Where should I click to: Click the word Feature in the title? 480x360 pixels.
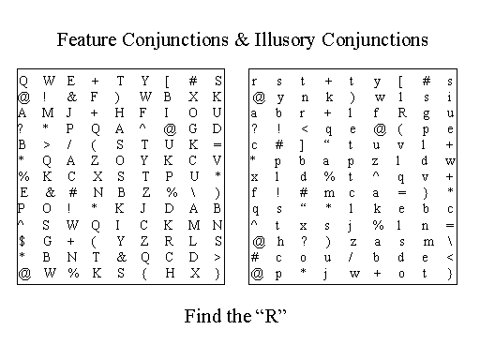[86, 39]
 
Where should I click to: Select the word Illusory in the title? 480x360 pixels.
[285, 40]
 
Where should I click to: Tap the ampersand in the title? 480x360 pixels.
[241, 39]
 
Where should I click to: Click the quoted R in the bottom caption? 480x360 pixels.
[271, 316]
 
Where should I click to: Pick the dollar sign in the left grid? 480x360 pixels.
[22, 241]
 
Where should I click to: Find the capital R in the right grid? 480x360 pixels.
[402, 112]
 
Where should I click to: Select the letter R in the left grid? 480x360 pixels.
[169, 241]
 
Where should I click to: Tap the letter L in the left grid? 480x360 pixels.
[193, 241]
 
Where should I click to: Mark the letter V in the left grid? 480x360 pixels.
[217, 160]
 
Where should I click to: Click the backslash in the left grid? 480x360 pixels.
[193, 193]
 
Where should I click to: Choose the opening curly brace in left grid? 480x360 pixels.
[144, 274]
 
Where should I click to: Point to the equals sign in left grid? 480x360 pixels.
[217, 145]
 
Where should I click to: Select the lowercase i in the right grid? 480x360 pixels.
[449, 97]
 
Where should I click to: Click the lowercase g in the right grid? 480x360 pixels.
[426, 114]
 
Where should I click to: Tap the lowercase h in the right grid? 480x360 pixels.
[280, 241]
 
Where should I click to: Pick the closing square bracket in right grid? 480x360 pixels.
[302, 145]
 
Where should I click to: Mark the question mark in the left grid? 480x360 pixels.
[20, 128]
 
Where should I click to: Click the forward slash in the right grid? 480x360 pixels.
[352, 257]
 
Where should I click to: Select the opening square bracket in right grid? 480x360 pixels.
[400, 82]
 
